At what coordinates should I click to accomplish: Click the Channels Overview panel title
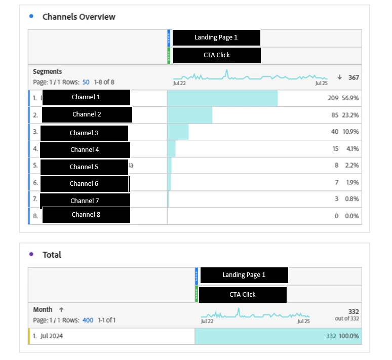pos(79,17)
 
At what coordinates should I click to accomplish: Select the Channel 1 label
pos(86,97)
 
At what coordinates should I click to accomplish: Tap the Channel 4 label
pos(85,149)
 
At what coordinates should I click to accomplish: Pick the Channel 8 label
pos(86,214)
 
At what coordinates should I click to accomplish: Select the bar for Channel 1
pos(222,98)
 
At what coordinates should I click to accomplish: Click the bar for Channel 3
pos(178,132)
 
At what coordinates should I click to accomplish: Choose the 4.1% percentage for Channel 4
pos(352,149)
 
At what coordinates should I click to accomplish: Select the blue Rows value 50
pos(86,82)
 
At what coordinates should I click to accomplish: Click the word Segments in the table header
pos(48,72)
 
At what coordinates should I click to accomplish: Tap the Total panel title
pos(52,255)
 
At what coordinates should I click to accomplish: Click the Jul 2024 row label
pos(52,336)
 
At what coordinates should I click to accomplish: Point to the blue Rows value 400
pos(88,320)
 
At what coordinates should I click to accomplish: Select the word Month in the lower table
pos(43,309)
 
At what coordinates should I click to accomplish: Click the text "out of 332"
pos(347,318)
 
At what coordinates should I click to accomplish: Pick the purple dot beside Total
pos(31,254)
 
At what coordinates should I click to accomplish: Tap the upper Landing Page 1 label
pos(216,37)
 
